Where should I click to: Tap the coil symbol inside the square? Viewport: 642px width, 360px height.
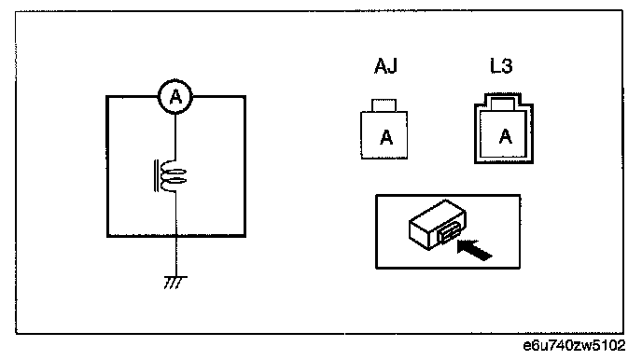(x=174, y=176)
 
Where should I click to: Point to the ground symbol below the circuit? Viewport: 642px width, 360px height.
(x=175, y=283)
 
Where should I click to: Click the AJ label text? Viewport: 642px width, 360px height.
(x=385, y=65)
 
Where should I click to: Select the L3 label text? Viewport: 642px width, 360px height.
(x=501, y=65)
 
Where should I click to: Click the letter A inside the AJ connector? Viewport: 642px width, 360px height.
(x=386, y=137)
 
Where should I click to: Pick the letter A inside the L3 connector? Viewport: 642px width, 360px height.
(x=506, y=136)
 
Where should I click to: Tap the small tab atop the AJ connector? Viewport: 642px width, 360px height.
(x=384, y=105)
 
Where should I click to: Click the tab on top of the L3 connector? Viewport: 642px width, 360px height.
(x=503, y=104)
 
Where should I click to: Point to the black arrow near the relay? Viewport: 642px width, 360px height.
(x=474, y=250)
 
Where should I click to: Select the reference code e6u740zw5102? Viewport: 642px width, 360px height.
(x=574, y=346)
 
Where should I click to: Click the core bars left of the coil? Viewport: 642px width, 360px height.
(x=156, y=176)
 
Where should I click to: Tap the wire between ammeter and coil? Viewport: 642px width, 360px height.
(x=175, y=137)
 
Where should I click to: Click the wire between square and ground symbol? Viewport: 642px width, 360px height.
(x=176, y=256)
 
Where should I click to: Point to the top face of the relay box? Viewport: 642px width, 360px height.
(x=438, y=215)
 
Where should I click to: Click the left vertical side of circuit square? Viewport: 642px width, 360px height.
(x=107, y=167)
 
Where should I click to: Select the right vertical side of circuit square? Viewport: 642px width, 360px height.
(x=244, y=167)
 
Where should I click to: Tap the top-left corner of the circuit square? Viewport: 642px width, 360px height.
(x=107, y=97)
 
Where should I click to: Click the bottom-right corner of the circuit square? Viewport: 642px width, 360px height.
(x=244, y=236)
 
